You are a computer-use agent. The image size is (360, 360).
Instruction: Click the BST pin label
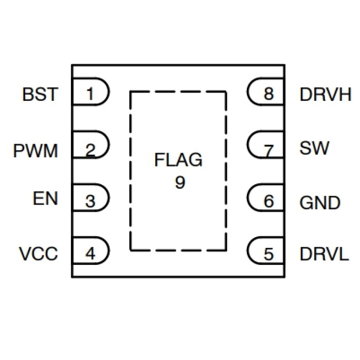pyautogui.click(x=40, y=95)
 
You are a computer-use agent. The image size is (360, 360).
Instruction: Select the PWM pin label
pyautogui.click(x=35, y=151)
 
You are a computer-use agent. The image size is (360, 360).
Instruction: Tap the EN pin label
pyautogui.click(x=45, y=199)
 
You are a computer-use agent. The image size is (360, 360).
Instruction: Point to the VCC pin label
pyautogui.click(x=39, y=254)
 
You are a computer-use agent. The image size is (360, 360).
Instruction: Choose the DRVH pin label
pyautogui.click(x=325, y=95)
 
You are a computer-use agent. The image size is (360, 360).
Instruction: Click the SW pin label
pyautogui.click(x=311, y=149)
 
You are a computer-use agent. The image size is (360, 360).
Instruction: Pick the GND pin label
pyautogui.click(x=319, y=203)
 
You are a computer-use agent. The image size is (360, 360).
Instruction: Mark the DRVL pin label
pyautogui.click(x=323, y=254)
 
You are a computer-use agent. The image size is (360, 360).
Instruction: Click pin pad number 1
pyautogui.click(x=91, y=94)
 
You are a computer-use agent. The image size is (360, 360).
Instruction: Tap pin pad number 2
pyautogui.click(x=91, y=150)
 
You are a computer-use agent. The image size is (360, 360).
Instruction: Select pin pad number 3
pyautogui.click(x=91, y=201)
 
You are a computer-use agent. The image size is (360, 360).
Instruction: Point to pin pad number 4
pyautogui.click(x=91, y=254)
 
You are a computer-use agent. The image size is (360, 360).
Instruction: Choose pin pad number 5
pyautogui.click(x=267, y=254)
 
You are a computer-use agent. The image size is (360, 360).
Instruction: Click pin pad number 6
pyautogui.click(x=267, y=201)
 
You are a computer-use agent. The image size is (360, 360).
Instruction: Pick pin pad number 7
pyautogui.click(x=267, y=150)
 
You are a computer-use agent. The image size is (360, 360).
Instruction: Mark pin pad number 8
pyautogui.click(x=267, y=94)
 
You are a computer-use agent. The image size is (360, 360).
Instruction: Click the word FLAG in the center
pyautogui.click(x=178, y=161)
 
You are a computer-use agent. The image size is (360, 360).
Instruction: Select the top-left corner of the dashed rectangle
pyautogui.click(x=131, y=92)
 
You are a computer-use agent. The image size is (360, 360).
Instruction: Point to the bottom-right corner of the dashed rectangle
pyautogui.click(x=226, y=250)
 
